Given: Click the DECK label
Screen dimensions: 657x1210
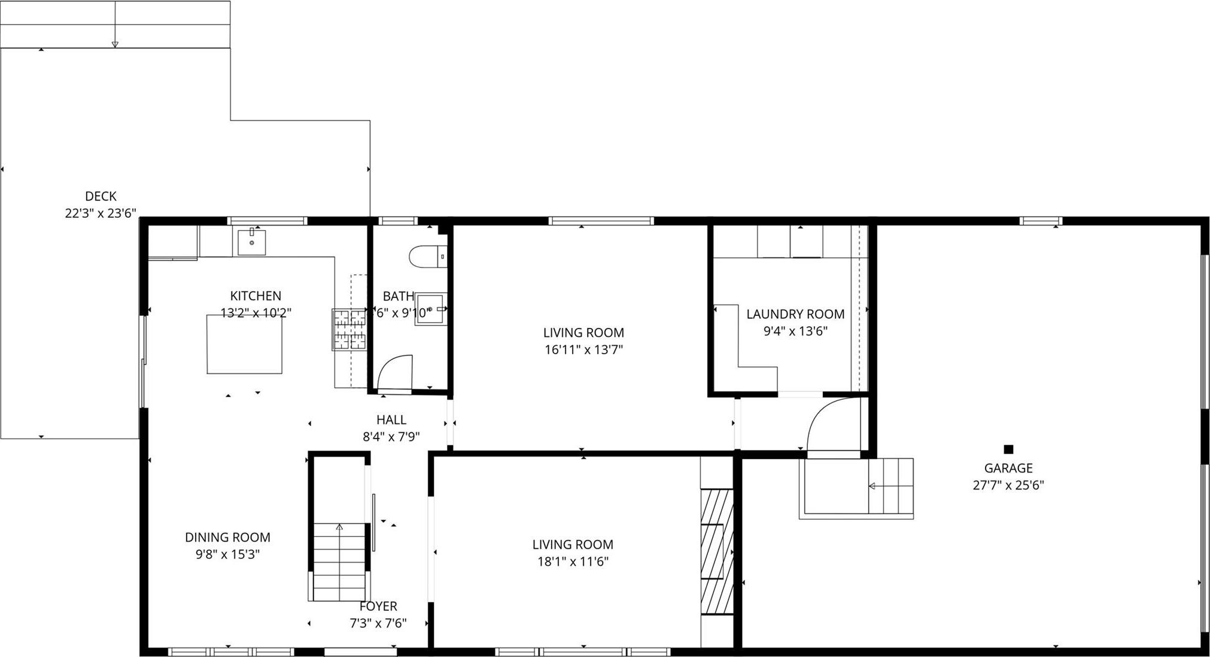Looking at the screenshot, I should point(101,196).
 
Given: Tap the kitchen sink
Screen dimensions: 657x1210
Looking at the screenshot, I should point(251,242).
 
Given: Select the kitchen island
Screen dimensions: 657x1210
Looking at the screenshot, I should point(244,344).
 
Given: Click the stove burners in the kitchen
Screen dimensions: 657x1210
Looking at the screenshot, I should point(349,328).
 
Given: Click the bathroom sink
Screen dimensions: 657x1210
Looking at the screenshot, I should point(430,309).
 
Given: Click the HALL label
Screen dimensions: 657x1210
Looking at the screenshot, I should point(391,420).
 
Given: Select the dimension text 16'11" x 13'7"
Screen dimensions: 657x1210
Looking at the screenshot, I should point(583,349).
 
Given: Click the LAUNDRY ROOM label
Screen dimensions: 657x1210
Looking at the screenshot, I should point(795,314).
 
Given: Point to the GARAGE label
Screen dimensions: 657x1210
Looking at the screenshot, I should point(1008,468).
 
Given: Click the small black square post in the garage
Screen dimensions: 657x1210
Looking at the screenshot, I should point(1008,449).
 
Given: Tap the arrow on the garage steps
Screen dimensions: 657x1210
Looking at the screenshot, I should point(872,486).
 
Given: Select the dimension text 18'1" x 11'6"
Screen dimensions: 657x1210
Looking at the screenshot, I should point(573,561).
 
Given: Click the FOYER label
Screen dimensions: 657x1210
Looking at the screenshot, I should point(378,606).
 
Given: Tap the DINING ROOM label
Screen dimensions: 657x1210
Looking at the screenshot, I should point(227,537).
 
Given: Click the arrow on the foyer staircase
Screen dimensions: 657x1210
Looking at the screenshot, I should point(339,527).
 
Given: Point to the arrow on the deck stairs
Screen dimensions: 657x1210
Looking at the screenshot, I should point(115,44).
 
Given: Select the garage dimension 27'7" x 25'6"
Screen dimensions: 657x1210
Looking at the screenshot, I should point(1008,485).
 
